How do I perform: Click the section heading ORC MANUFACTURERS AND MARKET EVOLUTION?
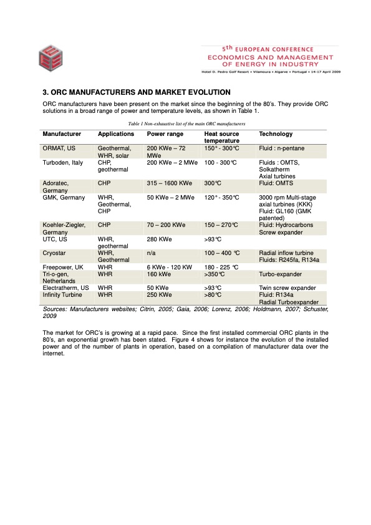(135, 93)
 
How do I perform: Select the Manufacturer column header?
(62, 134)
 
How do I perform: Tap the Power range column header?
(165, 134)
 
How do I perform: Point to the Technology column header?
(276, 134)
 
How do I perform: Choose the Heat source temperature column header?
(221, 138)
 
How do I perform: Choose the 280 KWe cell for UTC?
(160, 239)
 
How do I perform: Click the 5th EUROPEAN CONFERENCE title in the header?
(270, 49)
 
